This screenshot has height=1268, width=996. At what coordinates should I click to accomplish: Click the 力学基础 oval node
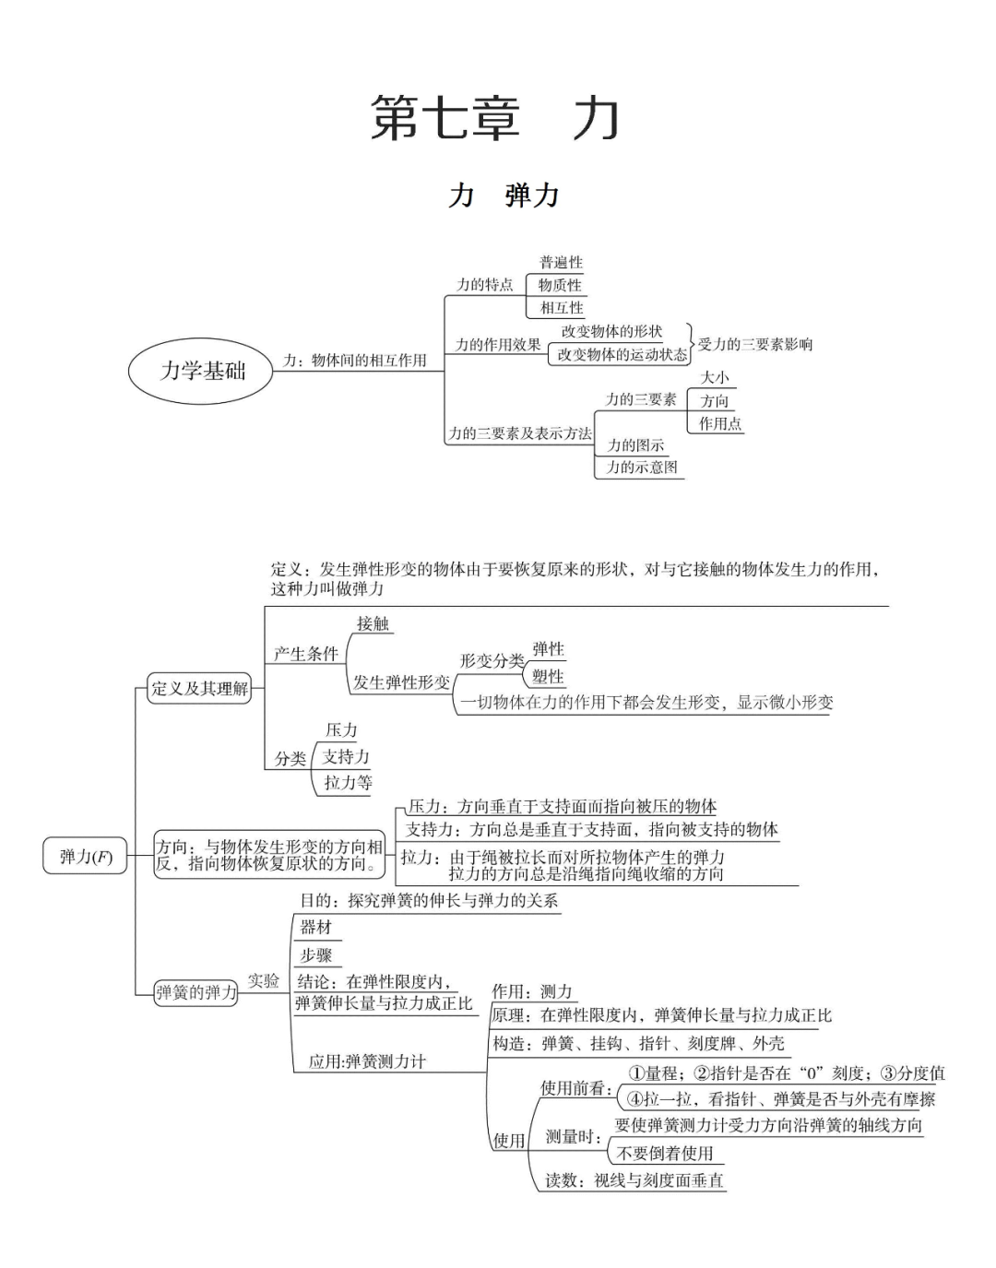(x=201, y=371)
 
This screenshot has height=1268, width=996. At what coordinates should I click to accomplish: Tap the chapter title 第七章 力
(x=495, y=119)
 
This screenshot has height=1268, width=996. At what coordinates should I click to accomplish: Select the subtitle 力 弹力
(x=504, y=196)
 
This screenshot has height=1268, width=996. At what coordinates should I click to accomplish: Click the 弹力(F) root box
(x=85, y=857)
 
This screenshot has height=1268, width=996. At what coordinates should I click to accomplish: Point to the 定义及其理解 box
(x=199, y=688)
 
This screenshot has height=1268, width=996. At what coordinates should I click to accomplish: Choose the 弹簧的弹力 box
(x=196, y=992)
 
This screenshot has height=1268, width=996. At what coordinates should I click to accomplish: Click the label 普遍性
(x=561, y=263)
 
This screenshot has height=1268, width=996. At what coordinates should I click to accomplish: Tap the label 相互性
(x=561, y=307)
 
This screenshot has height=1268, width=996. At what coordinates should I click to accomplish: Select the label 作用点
(x=719, y=423)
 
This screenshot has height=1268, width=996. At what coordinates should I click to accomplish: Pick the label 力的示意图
(x=642, y=468)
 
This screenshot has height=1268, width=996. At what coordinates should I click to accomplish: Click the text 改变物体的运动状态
(x=622, y=354)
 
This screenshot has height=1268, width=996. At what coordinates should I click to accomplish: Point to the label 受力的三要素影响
(x=755, y=344)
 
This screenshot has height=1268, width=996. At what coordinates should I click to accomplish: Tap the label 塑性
(x=548, y=676)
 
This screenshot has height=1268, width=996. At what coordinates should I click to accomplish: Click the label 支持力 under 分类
(x=346, y=756)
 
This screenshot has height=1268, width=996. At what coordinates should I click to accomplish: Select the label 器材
(x=315, y=927)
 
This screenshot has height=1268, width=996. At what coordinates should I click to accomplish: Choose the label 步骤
(x=315, y=954)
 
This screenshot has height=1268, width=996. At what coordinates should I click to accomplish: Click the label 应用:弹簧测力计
(x=367, y=1061)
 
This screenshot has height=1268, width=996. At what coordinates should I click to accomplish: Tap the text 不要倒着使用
(x=665, y=1153)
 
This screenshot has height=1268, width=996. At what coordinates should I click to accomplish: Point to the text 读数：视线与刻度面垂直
(x=634, y=1180)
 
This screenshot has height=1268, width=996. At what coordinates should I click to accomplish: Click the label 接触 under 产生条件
(x=373, y=624)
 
